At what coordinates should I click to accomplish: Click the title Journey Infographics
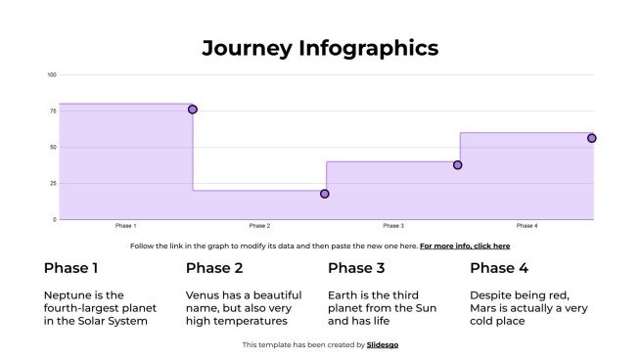coord(320,48)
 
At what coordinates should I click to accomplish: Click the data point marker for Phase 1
coord(193,110)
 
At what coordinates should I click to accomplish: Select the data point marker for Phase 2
coord(325,194)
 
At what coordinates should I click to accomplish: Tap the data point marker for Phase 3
coord(457,165)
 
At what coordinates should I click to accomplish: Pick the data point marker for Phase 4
coord(591,138)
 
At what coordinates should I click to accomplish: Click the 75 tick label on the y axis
coord(52,112)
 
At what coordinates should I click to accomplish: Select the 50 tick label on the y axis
coord(52,148)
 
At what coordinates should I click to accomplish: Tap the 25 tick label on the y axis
coord(52,184)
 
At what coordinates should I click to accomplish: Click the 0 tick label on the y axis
coord(54,220)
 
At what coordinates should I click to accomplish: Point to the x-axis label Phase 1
coord(125,226)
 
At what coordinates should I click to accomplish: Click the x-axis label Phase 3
coord(393,226)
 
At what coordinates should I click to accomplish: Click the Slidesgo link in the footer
coord(383,344)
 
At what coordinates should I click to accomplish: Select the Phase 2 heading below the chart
coord(215,268)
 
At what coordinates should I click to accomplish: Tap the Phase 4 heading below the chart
coord(499,268)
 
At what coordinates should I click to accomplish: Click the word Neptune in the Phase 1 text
coord(68,294)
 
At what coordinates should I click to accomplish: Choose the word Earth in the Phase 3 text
coord(345,294)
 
